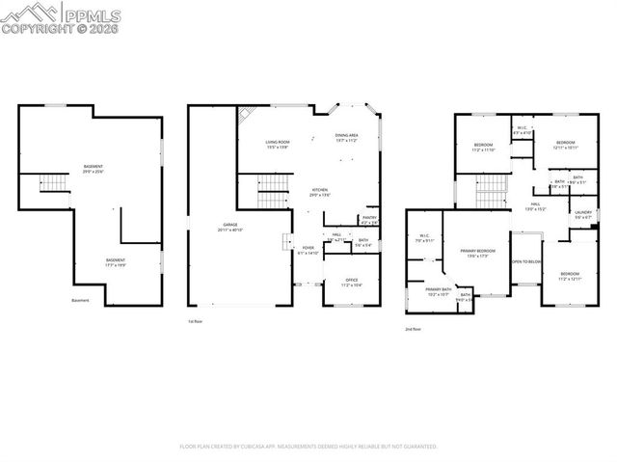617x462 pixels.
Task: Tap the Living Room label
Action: pyautogui.click(x=278, y=145)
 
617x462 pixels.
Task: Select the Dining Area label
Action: pyautogui.click(x=346, y=137)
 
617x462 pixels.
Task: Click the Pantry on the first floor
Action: pyautogui.click(x=369, y=219)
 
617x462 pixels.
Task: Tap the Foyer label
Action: pyautogui.click(x=308, y=249)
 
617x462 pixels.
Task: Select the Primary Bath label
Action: pyautogui.click(x=439, y=291)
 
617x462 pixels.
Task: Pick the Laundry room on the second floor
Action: pyautogui.click(x=583, y=214)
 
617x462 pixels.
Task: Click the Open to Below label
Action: pyautogui.click(x=525, y=261)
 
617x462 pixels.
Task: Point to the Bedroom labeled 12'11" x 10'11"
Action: pyautogui.click(x=566, y=145)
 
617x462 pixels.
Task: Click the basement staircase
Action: pyautogui.click(x=52, y=184)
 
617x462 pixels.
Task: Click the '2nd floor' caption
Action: pyautogui.click(x=413, y=329)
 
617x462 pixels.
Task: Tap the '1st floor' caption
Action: pyautogui.click(x=196, y=320)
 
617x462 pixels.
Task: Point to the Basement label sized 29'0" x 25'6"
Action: pyautogui.click(x=94, y=170)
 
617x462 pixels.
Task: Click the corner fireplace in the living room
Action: pyautogui.click(x=246, y=112)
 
